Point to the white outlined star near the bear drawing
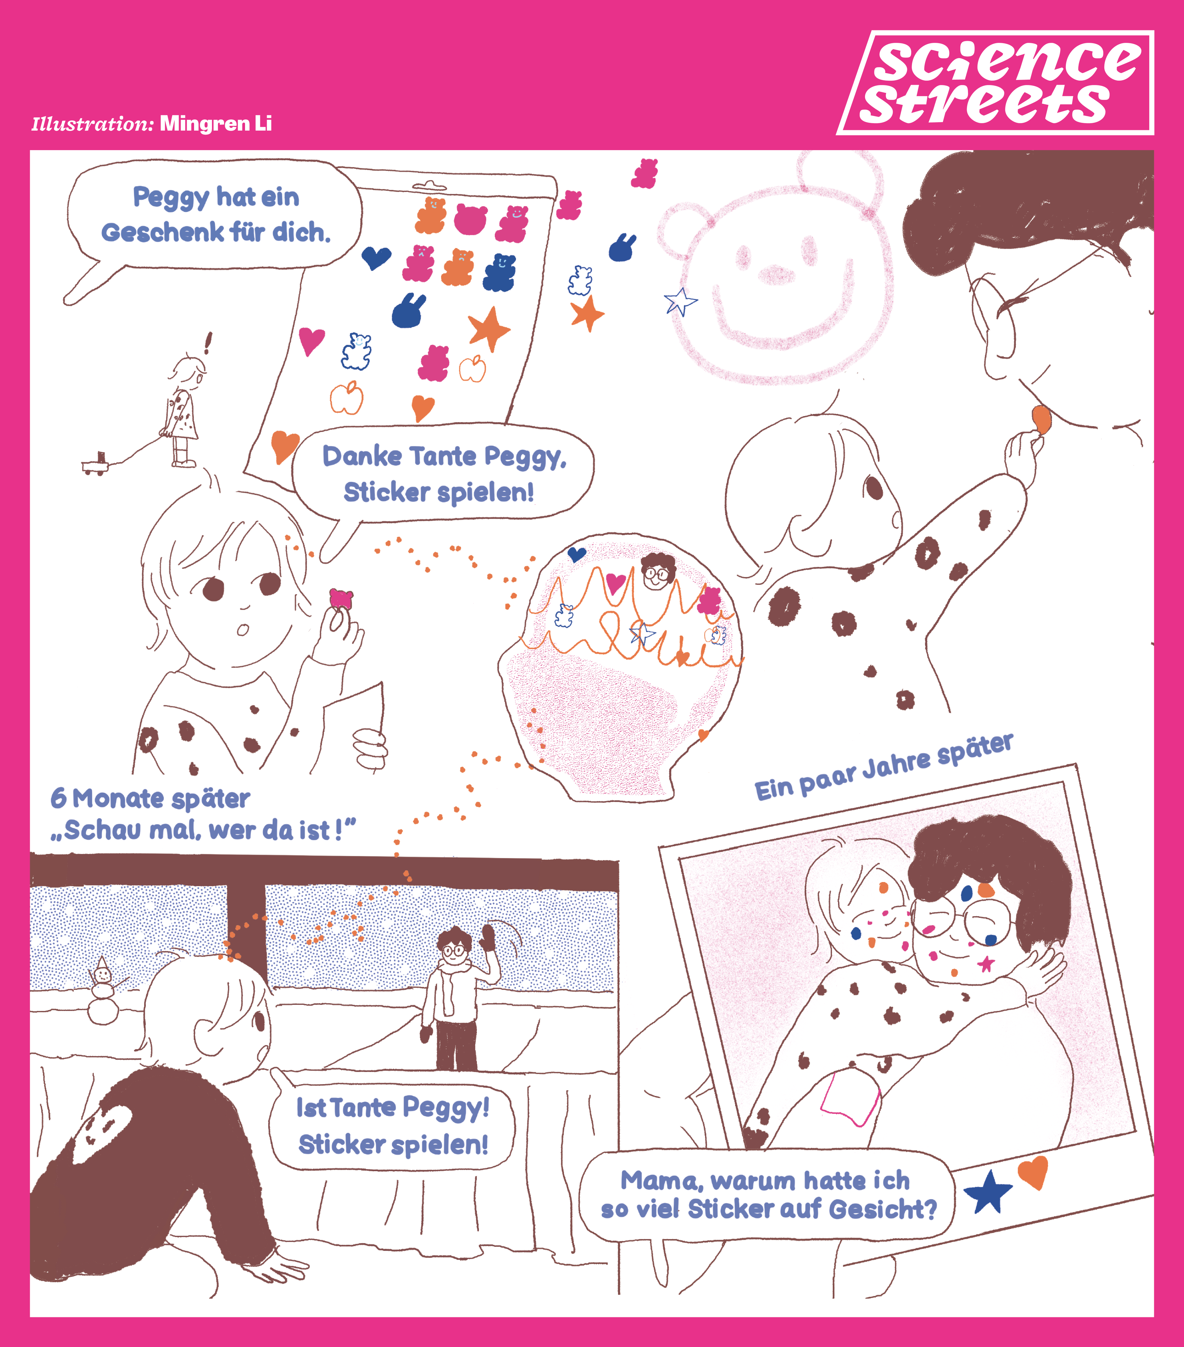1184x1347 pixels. pyautogui.click(x=680, y=302)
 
